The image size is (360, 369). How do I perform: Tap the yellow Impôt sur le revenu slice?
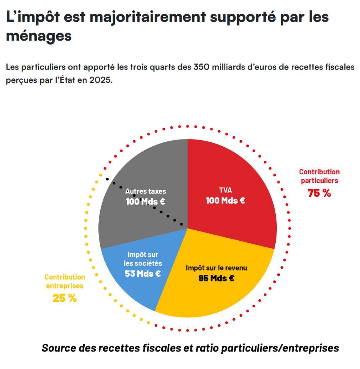click(x=215, y=295)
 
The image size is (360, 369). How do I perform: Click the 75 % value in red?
click(x=319, y=193)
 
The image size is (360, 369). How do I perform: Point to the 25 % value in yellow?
click(x=65, y=298)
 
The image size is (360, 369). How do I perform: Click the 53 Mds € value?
click(x=143, y=273)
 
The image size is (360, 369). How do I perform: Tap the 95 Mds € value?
click(x=216, y=278)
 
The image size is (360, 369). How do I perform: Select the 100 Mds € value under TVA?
click(x=226, y=200)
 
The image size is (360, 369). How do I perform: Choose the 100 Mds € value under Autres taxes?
click(x=145, y=202)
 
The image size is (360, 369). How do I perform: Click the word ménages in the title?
click(x=39, y=36)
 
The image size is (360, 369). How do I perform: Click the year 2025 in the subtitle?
click(x=99, y=80)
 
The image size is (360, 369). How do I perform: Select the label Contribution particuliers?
click(x=319, y=176)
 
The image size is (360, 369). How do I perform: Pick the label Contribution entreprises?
click(x=65, y=281)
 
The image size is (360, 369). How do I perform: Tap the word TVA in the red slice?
click(x=226, y=190)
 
